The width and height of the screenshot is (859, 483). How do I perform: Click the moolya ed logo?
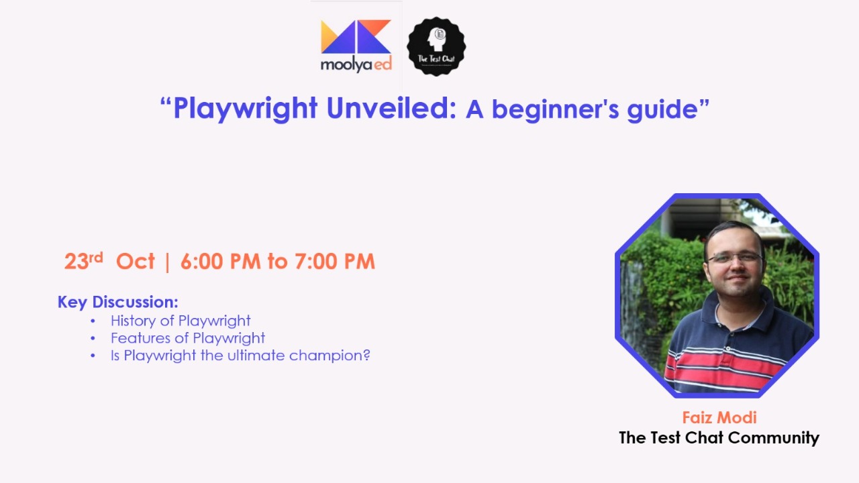coord(356,46)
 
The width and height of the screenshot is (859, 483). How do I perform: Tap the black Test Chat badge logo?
coord(436,46)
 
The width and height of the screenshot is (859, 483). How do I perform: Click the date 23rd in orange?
coord(83,260)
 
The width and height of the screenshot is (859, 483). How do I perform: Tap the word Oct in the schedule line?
coord(135,261)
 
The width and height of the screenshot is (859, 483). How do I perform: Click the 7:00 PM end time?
coord(334,261)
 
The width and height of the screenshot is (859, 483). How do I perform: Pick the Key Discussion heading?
coord(117,302)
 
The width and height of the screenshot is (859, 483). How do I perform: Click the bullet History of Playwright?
coord(181,321)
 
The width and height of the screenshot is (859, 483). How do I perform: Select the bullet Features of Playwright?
coord(188,338)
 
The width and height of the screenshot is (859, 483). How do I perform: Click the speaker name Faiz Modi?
coord(719,417)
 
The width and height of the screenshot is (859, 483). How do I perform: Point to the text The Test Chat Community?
coord(719,438)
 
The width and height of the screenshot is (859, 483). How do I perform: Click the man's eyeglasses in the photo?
coord(734,258)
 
